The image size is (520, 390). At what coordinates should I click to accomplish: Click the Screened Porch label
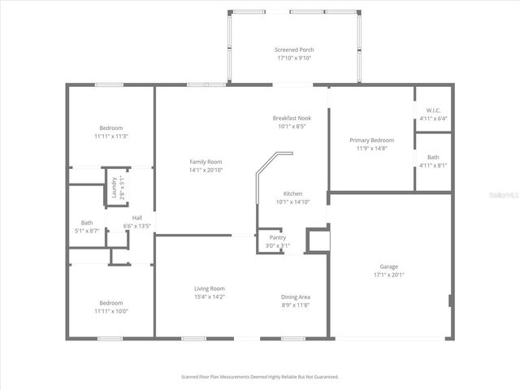pos(293,50)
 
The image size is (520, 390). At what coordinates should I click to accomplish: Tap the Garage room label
pos(389,266)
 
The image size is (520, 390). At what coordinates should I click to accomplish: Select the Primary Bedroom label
pos(371,141)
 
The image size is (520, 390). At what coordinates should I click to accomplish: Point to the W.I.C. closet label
pos(432,110)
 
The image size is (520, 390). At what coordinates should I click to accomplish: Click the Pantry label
pos(277,237)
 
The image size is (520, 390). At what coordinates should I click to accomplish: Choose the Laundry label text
pos(114,188)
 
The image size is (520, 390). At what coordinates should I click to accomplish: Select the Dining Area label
pos(295,297)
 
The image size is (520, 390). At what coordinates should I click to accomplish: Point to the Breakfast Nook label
pos(292,118)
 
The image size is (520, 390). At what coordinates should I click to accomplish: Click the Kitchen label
pos(292,193)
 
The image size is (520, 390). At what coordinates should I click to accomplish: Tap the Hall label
pos(136,218)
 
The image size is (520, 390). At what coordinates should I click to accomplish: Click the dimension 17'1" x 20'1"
pos(389,275)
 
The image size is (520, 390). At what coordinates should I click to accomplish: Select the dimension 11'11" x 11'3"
pos(111,136)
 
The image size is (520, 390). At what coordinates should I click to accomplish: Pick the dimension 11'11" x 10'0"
pos(111,311)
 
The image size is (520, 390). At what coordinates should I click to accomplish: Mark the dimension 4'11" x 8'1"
pos(433,165)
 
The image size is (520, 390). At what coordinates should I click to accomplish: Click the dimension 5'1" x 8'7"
pos(87,231)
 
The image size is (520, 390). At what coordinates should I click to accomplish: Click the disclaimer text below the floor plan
pos(259,377)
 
